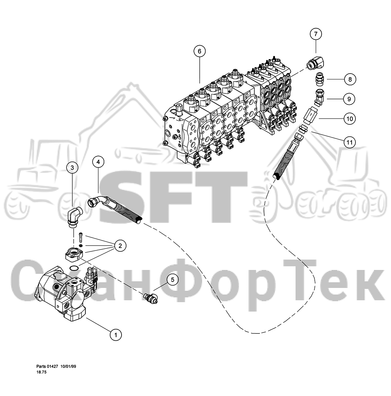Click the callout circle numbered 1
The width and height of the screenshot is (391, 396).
click(116, 335)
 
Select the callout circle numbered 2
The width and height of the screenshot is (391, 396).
click(120, 246)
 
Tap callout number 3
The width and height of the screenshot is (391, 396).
click(72, 168)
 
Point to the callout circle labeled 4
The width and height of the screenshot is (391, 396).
click(98, 162)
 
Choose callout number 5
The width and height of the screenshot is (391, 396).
click(173, 280)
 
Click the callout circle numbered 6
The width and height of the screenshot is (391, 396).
click(199, 51)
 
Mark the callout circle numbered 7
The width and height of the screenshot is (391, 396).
click(316, 34)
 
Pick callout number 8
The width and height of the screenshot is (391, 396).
click(350, 79)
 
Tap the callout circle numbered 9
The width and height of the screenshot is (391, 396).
click(349, 99)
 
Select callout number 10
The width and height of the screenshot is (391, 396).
click(350, 119)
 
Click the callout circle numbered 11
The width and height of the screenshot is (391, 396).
click(350, 142)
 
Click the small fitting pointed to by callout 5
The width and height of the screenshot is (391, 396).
click(151, 298)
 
